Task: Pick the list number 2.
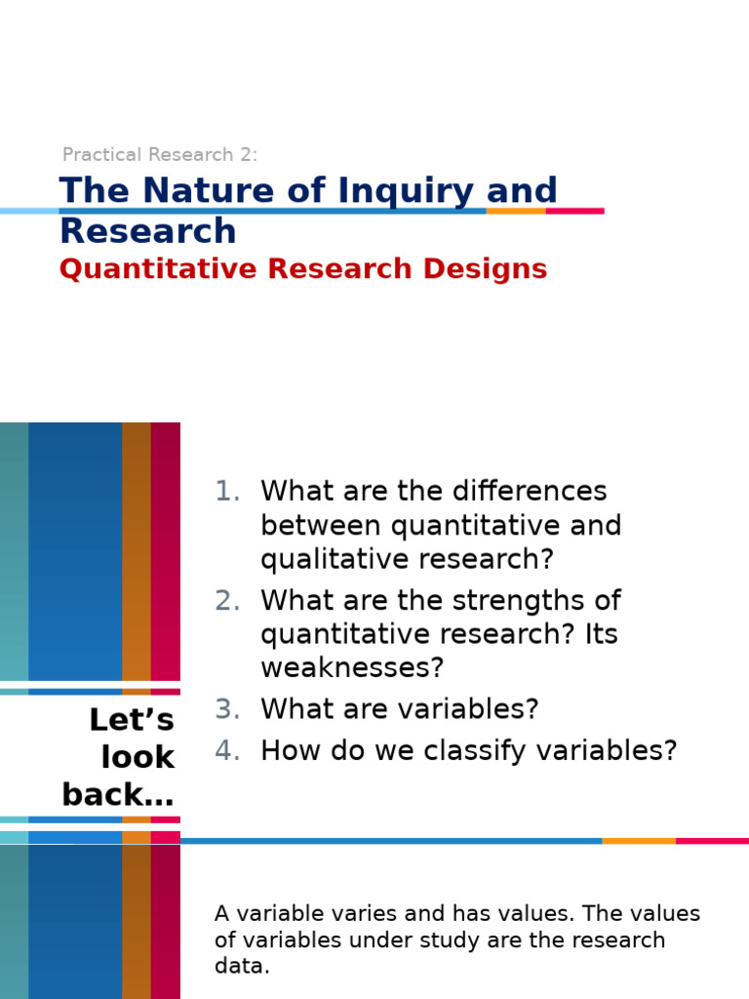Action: (226, 600)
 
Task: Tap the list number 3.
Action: (226, 709)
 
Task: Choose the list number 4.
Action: (226, 750)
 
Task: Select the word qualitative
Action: (330, 560)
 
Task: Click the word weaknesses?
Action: (351, 668)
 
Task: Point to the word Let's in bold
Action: (132, 720)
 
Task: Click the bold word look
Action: (138, 757)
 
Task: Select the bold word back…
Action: (118, 795)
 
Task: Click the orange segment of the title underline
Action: (516, 211)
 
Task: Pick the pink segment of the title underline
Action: (574, 211)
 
